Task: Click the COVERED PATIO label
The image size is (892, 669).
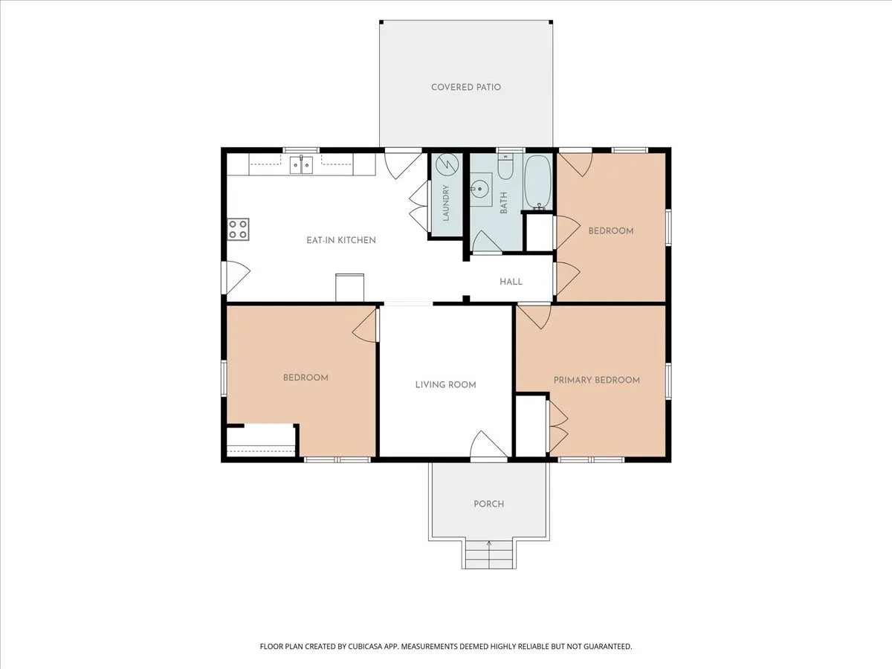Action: [466, 87]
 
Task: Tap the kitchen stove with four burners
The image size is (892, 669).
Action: [238, 230]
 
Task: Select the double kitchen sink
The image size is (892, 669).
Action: [301, 165]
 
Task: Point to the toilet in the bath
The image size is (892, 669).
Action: [505, 167]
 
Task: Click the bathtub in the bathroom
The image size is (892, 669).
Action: [537, 182]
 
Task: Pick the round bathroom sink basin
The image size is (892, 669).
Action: [479, 189]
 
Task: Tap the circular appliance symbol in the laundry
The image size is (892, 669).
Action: [447, 164]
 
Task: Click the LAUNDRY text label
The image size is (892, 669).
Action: [446, 203]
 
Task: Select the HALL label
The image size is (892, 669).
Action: [511, 282]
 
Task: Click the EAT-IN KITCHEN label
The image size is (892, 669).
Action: [341, 240]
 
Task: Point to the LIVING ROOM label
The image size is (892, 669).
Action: [445, 384]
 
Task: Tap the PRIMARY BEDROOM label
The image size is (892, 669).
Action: [597, 380]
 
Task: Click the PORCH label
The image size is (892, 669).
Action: [488, 504]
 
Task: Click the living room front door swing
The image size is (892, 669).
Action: [488, 445]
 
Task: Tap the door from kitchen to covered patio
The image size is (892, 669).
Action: [403, 165]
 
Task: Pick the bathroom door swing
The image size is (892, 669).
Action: [485, 242]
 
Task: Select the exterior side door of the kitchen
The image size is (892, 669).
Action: [236, 277]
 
